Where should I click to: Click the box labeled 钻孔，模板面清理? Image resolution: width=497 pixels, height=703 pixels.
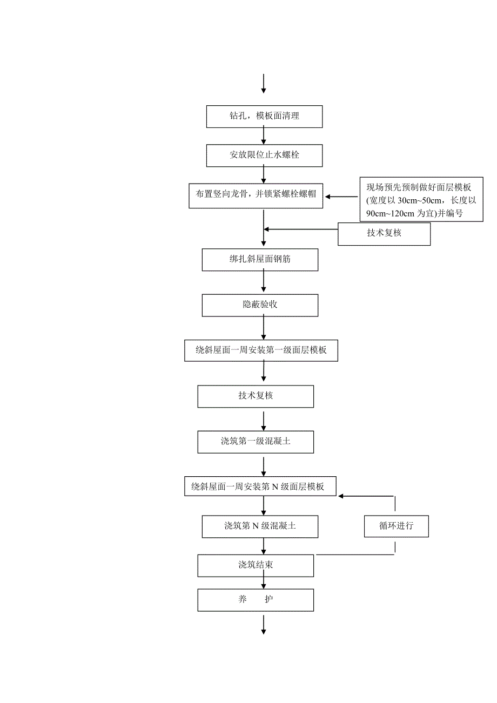pyautogui.click(x=264, y=117)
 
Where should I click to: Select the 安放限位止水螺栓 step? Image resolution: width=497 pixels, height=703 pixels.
pyautogui.click(x=264, y=156)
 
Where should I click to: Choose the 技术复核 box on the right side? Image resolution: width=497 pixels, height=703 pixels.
pyautogui.click(x=384, y=234)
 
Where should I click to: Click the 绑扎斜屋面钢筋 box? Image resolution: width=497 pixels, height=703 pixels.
pyautogui.click(x=260, y=260)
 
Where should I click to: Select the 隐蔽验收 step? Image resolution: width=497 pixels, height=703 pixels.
pyautogui.click(x=260, y=305)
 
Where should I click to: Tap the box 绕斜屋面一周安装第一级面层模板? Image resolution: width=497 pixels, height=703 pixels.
pyautogui.click(x=261, y=350)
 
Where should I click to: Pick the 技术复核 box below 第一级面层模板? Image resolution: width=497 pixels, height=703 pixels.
pyautogui.click(x=256, y=396)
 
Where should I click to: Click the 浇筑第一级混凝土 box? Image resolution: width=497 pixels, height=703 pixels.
pyautogui.click(x=256, y=441)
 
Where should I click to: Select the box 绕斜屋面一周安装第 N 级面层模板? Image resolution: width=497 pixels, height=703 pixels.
pyautogui.click(x=261, y=486)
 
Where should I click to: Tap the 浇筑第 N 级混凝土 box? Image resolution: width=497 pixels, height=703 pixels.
pyautogui.click(x=260, y=526)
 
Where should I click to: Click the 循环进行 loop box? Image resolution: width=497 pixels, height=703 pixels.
pyautogui.click(x=396, y=526)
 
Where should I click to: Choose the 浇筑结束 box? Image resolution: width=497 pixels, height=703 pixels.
pyautogui.click(x=256, y=565)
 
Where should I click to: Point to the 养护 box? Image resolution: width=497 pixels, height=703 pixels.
pyautogui.click(x=256, y=600)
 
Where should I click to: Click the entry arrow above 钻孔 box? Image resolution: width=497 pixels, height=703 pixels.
pyautogui.click(x=264, y=84)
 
